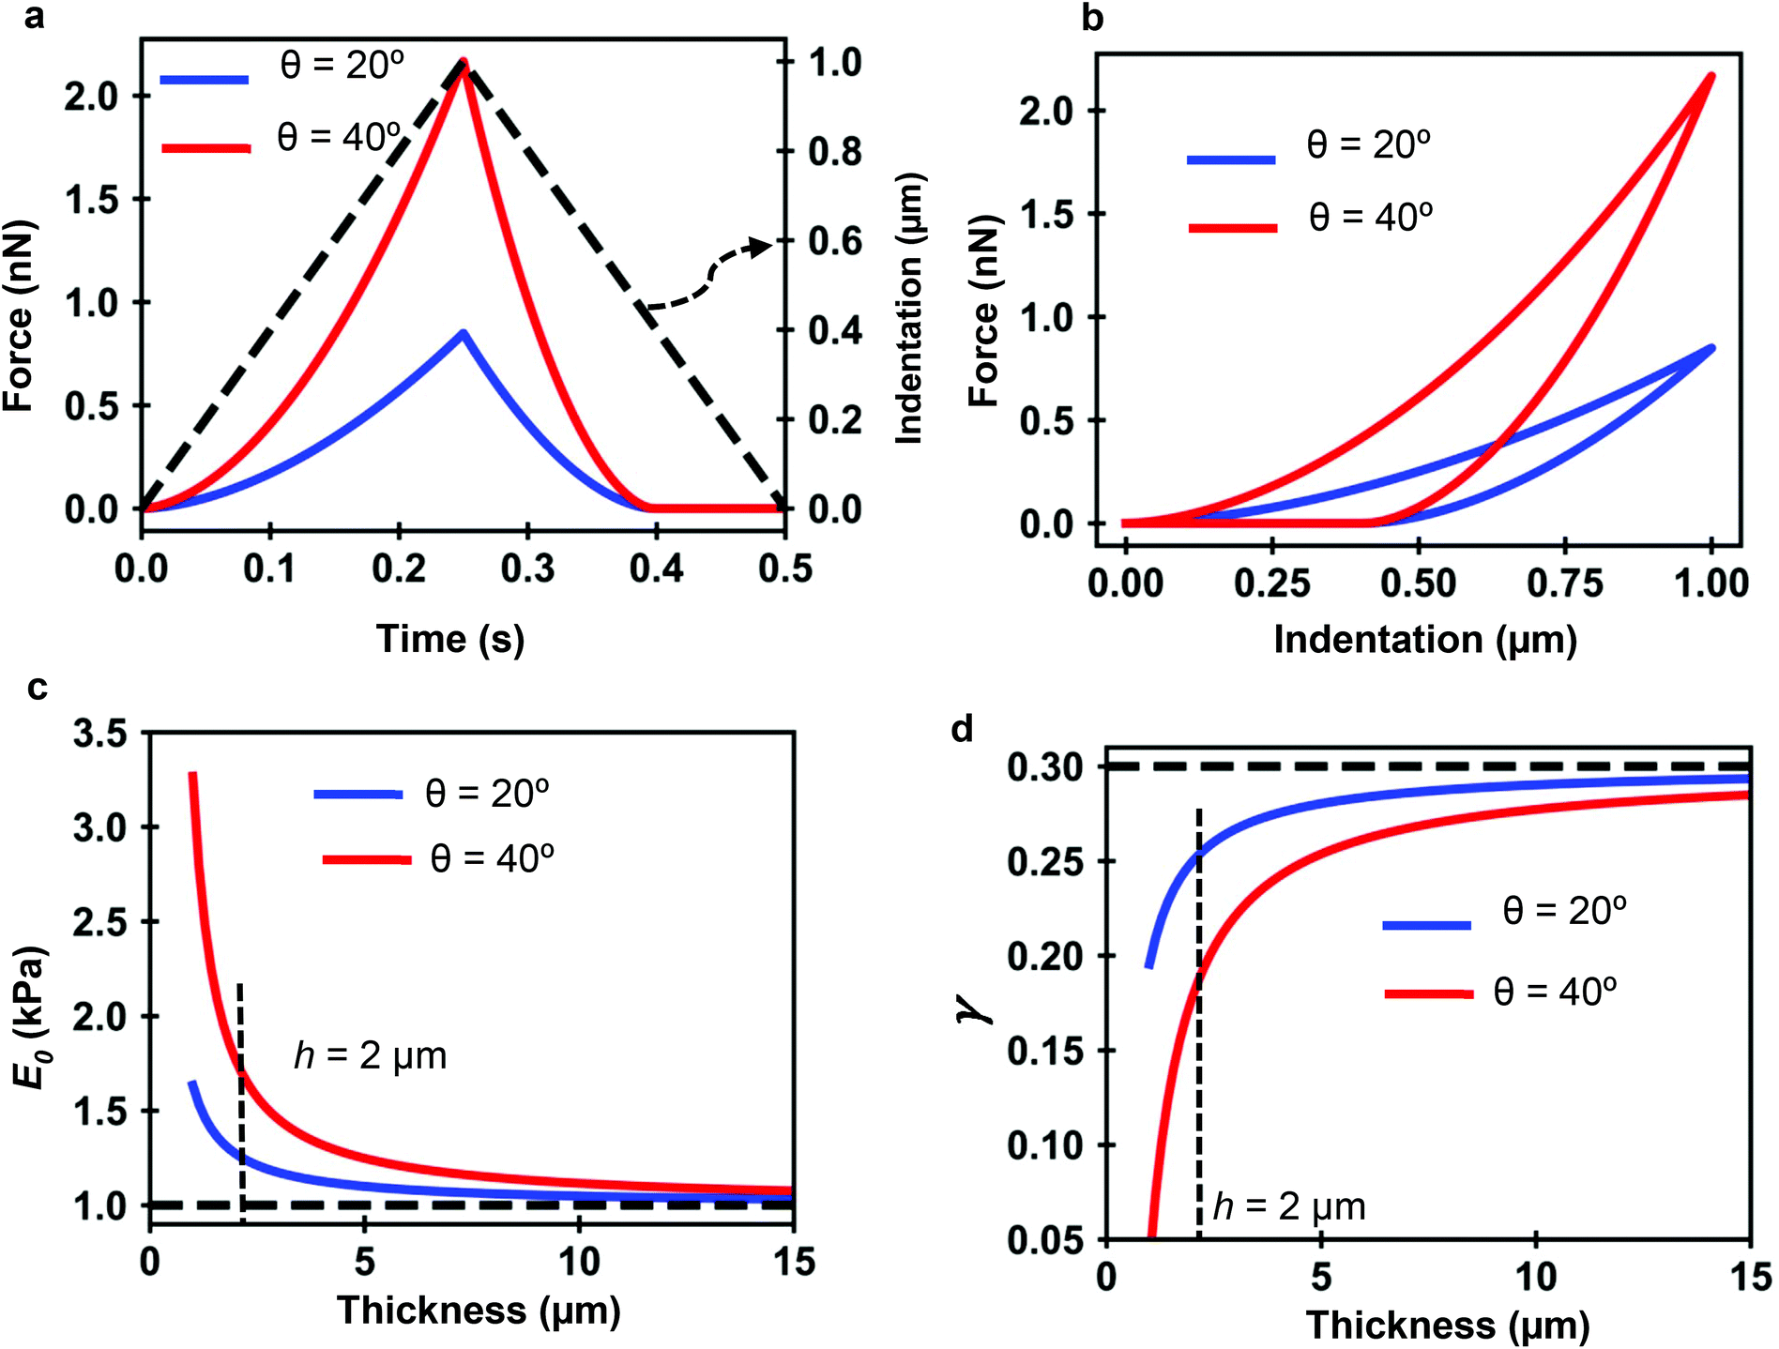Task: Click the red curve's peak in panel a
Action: (x=464, y=64)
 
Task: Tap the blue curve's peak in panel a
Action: (x=464, y=332)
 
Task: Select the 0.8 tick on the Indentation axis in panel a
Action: (x=834, y=151)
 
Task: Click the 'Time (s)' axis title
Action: (x=450, y=639)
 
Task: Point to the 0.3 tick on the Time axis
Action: (x=527, y=568)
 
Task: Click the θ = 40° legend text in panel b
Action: (x=1370, y=218)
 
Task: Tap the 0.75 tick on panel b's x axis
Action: (x=1564, y=583)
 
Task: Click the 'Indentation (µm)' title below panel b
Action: (x=1424, y=640)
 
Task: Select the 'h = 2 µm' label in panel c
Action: (x=371, y=1056)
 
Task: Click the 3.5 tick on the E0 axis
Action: (x=99, y=734)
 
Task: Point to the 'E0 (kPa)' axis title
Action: (x=30, y=1017)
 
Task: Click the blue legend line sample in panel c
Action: (x=358, y=795)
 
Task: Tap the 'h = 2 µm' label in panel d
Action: (x=1289, y=1206)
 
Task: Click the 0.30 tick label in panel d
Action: (x=1044, y=767)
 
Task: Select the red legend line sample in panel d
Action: (x=1428, y=993)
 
